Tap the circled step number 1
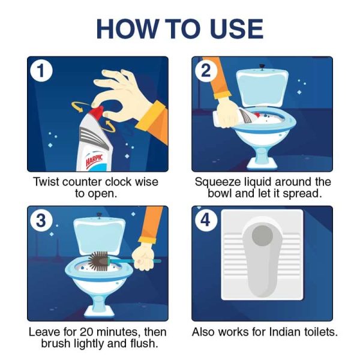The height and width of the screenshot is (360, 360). [41, 70]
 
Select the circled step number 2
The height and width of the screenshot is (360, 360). [206, 70]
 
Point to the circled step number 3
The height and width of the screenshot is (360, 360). [41, 220]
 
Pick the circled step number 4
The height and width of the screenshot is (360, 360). [206, 220]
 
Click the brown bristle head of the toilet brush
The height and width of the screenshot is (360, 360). [98, 261]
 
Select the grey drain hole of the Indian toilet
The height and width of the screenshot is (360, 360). [262, 236]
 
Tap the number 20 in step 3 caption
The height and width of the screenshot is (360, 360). [88, 332]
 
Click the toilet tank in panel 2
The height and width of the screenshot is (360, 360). [262, 87]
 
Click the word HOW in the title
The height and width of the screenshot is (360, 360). [127, 29]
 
